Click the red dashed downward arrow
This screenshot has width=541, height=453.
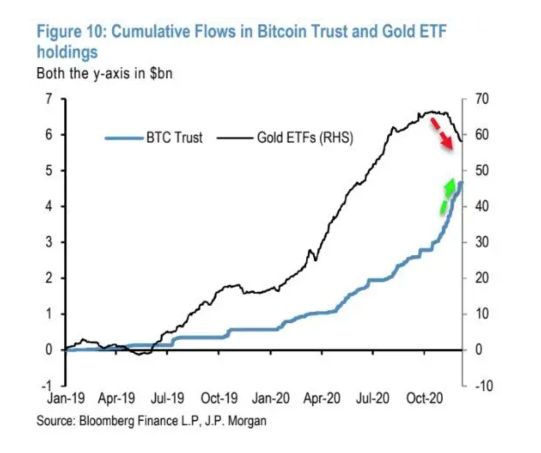442,134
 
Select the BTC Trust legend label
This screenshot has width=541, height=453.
174,138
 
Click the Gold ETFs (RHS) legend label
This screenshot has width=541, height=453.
305,138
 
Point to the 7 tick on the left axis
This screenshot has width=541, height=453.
49,99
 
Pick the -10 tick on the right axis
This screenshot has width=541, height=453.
483,386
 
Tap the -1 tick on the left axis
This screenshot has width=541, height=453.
47,386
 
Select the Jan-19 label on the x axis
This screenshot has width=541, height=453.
66,398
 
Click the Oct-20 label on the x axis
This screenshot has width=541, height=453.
424,398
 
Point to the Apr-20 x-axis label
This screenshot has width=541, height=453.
322,398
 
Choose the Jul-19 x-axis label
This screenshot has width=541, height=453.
167,398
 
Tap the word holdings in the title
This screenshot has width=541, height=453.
67,52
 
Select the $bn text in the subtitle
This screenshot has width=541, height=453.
161,73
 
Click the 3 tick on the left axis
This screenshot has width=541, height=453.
49,242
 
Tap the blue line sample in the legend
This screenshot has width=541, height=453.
124,138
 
